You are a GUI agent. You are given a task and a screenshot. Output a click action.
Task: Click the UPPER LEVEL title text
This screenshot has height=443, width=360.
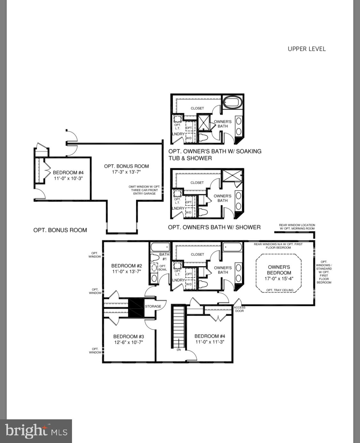coord(306,49)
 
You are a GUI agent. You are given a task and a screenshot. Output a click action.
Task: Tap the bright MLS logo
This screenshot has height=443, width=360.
coord(36,431)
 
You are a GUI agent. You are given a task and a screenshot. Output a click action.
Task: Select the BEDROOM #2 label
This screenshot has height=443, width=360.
coord(126,266)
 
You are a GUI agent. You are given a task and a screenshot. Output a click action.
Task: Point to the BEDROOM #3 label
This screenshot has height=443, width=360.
coord(129,336)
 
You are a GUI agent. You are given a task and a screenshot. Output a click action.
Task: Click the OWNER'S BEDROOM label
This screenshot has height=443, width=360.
coord(279,270)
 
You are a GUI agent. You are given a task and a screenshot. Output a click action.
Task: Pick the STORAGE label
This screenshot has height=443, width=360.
coord(153,306)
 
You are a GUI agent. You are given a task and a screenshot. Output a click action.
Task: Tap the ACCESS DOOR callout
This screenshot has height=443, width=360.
coord(239,309)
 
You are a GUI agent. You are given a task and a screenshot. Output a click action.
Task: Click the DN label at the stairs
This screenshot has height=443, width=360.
coord(179,350)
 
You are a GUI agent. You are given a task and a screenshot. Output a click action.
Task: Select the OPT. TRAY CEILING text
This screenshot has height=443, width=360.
coord(279,290)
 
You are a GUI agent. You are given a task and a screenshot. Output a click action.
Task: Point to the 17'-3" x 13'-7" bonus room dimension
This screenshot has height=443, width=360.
coord(126,172)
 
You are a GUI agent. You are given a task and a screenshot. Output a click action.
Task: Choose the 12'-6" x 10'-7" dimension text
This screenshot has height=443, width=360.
coord(129,342)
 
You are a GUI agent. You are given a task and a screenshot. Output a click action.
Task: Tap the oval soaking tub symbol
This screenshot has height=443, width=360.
coord(233,103)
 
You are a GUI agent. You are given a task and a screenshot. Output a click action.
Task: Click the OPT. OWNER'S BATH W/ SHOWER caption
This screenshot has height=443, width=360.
coord(214,227)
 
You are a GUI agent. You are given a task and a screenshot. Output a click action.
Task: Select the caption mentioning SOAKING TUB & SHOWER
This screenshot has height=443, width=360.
coord(215,154)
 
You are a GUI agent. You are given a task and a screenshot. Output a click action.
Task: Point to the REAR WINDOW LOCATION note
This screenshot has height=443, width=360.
coord(297,227)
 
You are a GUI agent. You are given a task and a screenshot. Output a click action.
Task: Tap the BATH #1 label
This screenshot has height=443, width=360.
coord(164,257)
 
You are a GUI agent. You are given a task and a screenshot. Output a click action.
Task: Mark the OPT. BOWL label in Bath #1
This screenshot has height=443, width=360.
coord(163,268)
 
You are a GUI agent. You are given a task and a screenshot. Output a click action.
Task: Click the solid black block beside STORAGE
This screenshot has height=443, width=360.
coord(136,308)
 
